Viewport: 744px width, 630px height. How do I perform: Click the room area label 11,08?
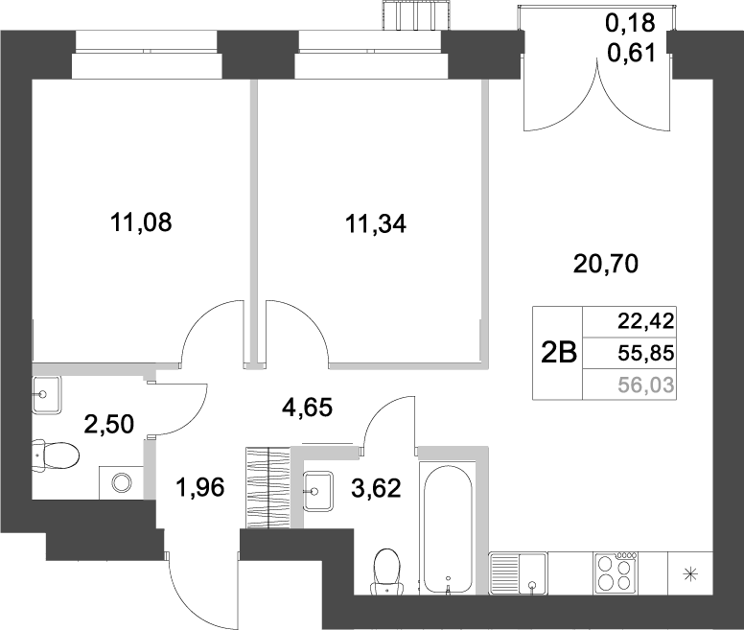pos(142,225)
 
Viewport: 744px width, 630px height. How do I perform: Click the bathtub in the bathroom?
pos(447,527)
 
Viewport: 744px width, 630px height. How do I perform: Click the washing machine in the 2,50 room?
pos(122,481)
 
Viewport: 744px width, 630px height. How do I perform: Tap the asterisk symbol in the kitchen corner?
pos(689,574)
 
